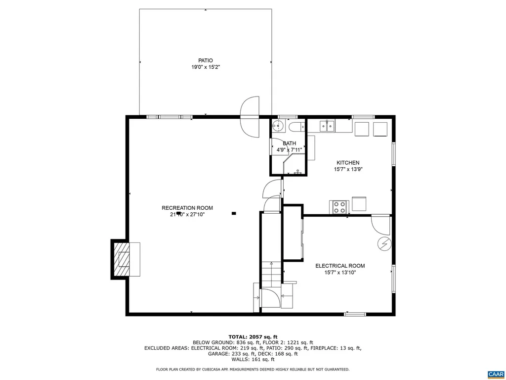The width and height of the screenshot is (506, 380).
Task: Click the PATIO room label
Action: (206, 60)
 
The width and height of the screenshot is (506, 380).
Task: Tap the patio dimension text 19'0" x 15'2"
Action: (206, 67)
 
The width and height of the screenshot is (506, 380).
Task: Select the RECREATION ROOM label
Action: (187, 208)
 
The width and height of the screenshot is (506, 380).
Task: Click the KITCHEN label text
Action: (348, 163)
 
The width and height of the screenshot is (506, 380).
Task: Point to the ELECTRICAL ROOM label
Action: (340, 266)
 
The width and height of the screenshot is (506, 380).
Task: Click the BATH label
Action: (289, 143)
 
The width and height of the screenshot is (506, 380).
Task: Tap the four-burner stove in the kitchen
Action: (338, 207)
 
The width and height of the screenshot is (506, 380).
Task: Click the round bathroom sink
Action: (278, 126)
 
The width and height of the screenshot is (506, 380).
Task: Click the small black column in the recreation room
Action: (234, 214)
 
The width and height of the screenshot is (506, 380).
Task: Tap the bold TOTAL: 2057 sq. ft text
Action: (253, 336)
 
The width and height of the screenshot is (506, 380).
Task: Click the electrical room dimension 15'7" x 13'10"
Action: (340, 273)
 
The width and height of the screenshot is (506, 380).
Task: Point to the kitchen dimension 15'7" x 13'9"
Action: (348, 170)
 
